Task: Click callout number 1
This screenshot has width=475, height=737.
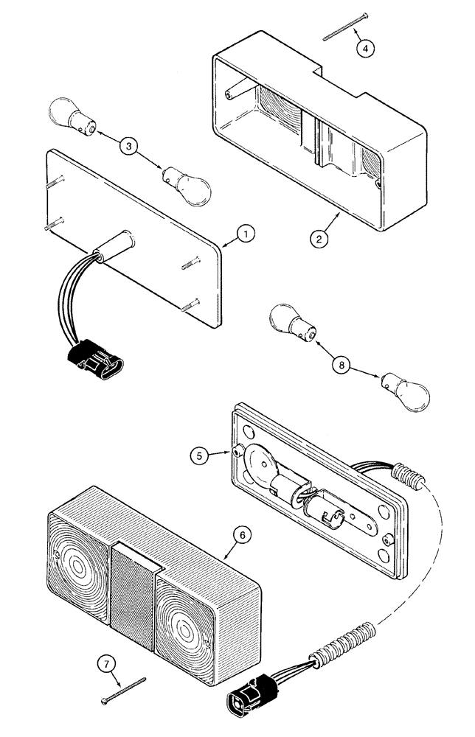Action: (246, 234)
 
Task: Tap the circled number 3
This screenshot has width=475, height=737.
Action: (129, 146)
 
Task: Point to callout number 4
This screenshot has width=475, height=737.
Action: (365, 49)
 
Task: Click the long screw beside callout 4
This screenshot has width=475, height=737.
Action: (339, 29)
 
